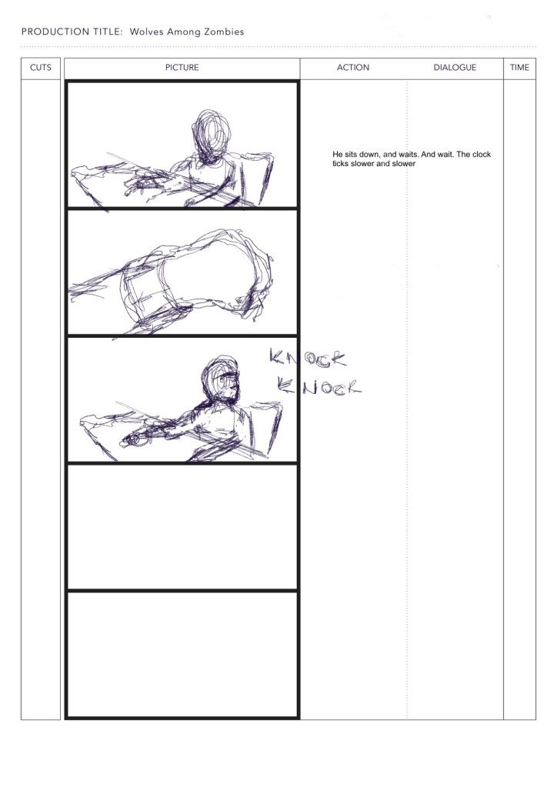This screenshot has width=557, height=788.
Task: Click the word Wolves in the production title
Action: (x=146, y=32)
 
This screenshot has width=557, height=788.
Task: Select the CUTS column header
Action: (x=41, y=68)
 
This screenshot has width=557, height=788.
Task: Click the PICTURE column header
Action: (x=182, y=68)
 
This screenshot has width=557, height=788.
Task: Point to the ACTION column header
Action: (x=353, y=68)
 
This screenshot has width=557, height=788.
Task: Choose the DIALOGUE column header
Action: (x=455, y=68)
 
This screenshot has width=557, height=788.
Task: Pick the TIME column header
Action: (x=519, y=68)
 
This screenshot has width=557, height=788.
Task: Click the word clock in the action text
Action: (x=481, y=154)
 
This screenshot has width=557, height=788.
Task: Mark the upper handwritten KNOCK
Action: (x=308, y=357)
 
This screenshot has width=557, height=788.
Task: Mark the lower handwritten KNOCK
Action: (x=319, y=386)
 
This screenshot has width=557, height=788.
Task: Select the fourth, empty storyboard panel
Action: (x=182, y=526)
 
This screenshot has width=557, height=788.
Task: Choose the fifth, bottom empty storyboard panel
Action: (x=182, y=655)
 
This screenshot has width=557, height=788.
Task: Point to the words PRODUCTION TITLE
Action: (x=72, y=32)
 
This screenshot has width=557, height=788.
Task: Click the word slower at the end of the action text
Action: (x=404, y=164)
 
